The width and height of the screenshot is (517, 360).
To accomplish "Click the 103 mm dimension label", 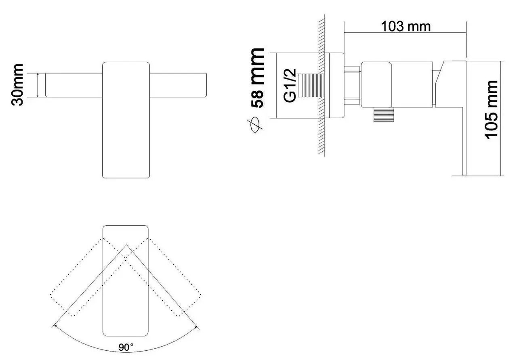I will tap(406, 26).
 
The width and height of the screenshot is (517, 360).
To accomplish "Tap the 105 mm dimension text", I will tap(492, 109).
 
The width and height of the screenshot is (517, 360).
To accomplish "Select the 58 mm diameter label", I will tap(257, 77).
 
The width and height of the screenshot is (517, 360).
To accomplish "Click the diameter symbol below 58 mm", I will tap(257, 125).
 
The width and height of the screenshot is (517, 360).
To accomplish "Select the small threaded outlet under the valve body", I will tap(382, 115).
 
